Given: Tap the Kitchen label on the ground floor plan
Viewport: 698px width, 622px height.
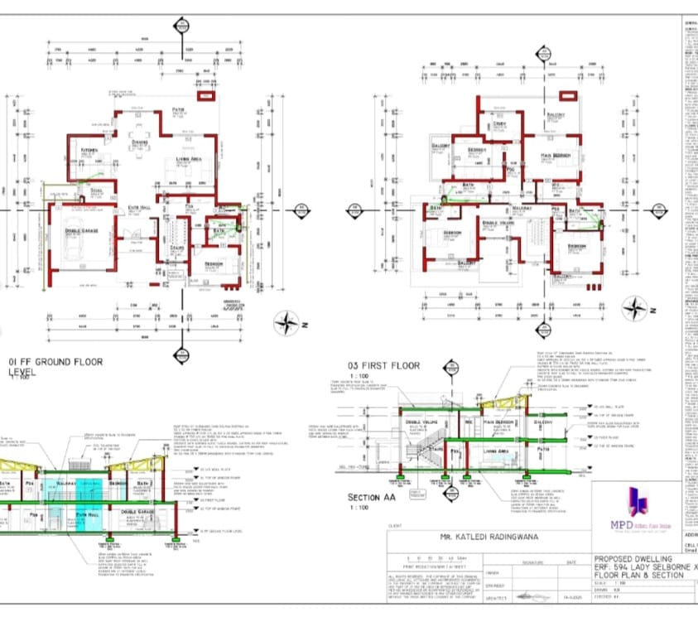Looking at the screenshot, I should pyautogui.click(x=89, y=150).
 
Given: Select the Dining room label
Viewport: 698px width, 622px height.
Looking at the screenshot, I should pyautogui.click(x=140, y=142).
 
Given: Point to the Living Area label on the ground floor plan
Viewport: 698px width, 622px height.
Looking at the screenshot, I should pyautogui.click(x=189, y=157).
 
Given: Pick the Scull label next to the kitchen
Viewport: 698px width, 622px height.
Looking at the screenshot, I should pyautogui.click(x=96, y=190).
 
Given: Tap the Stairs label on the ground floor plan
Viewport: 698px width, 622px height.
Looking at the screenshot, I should pyautogui.click(x=176, y=247).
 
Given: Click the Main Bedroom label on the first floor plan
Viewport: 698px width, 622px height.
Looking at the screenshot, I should pyautogui.click(x=556, y=156).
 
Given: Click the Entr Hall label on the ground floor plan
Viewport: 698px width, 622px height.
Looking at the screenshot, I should pyautogui.click(x=139, y=207).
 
